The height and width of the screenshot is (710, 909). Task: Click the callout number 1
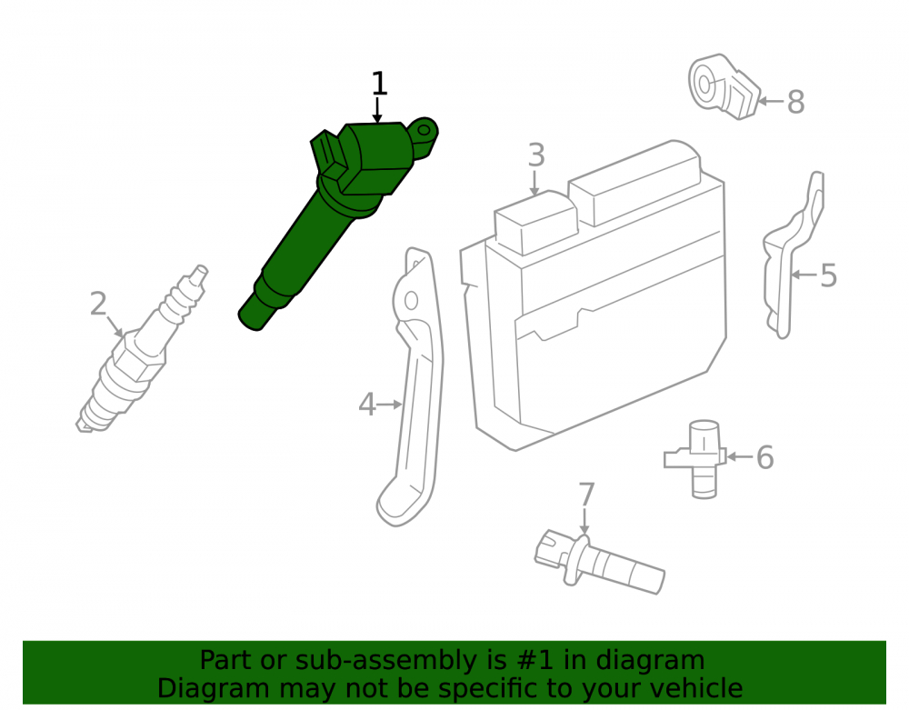pyautogui.click(x=378, y=84)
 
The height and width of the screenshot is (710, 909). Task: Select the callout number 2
pyautogui.click(x=98, y=304)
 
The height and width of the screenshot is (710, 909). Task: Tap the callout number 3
pyautogui.click(x=536, y=155)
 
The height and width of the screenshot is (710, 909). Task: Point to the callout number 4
pyautogui.click(x=367, y=404)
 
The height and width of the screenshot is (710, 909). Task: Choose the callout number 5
pyautogui.click(x=829, y=275)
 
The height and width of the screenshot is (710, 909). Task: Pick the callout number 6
pyautogui.click(x=765, y=457)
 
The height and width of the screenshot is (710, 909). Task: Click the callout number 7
pyautogui.click(x=586, y=495)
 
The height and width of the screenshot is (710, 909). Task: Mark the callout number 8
pyautogui.click(x=796, y=102)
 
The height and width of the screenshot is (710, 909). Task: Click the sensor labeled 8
pyautogui.click(x=724, y=87)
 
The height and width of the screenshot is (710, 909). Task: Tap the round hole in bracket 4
pyautogui.click(x=411, y=301)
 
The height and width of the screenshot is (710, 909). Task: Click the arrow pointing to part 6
pyautogui.click(x=740, y=457)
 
